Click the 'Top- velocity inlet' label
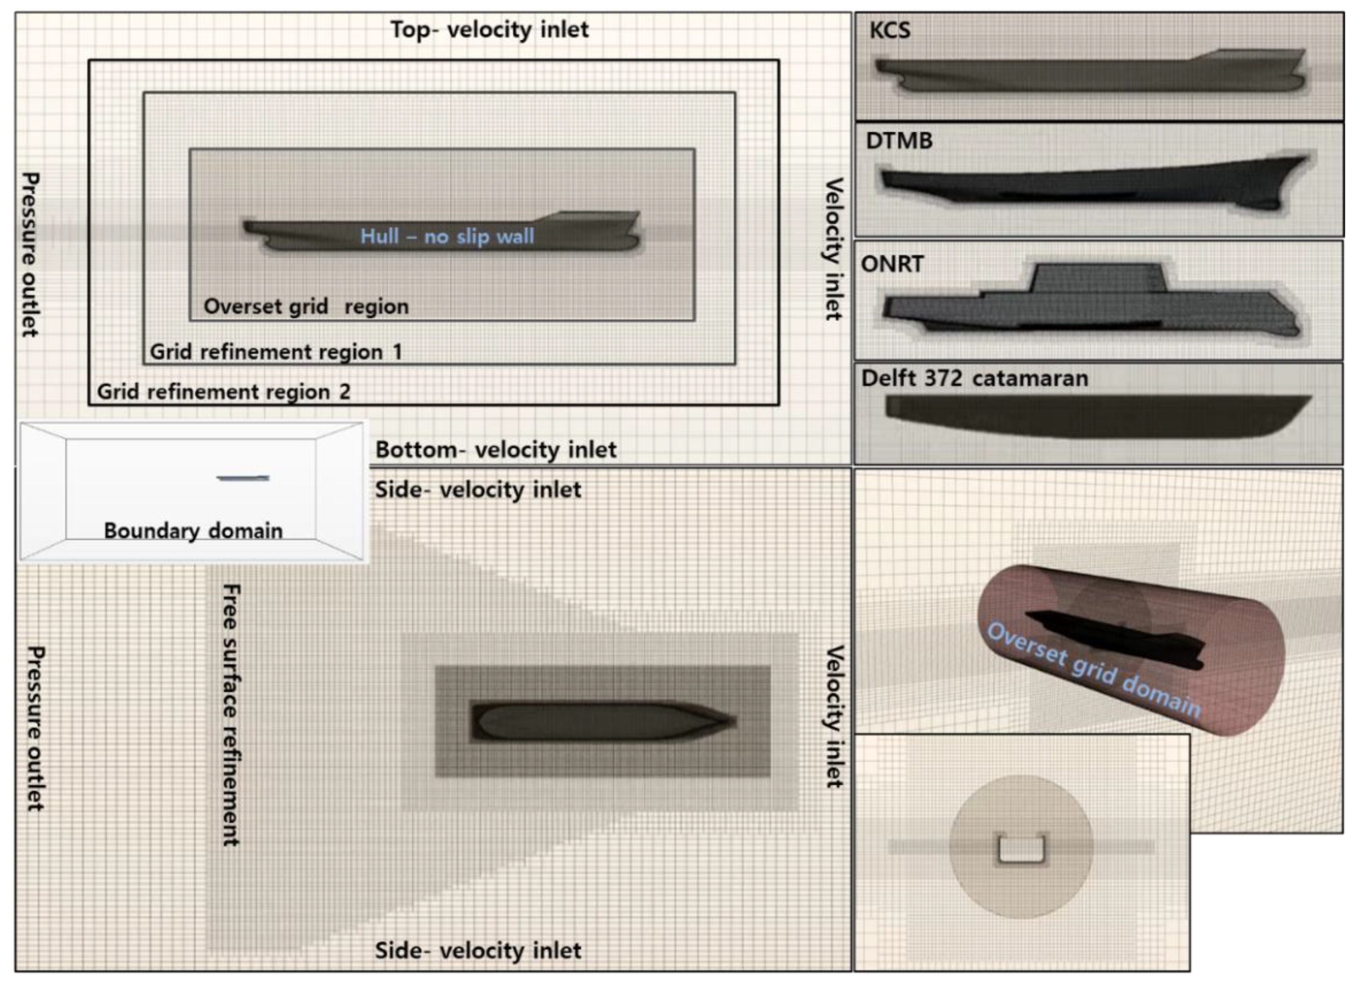pos(489,29)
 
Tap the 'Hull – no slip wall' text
pos(447,237)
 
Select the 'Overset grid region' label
pos(306,307)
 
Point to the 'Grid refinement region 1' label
pos(275,352)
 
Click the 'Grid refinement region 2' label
pos(223,392)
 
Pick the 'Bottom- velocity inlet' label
pos(495,449)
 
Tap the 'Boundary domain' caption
pos(192,530)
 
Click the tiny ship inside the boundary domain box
pos(243,478)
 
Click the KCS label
pos(889,30)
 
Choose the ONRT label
pos(892,264)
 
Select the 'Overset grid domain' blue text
pos(1094,670)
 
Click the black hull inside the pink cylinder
pos(1115,639)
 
